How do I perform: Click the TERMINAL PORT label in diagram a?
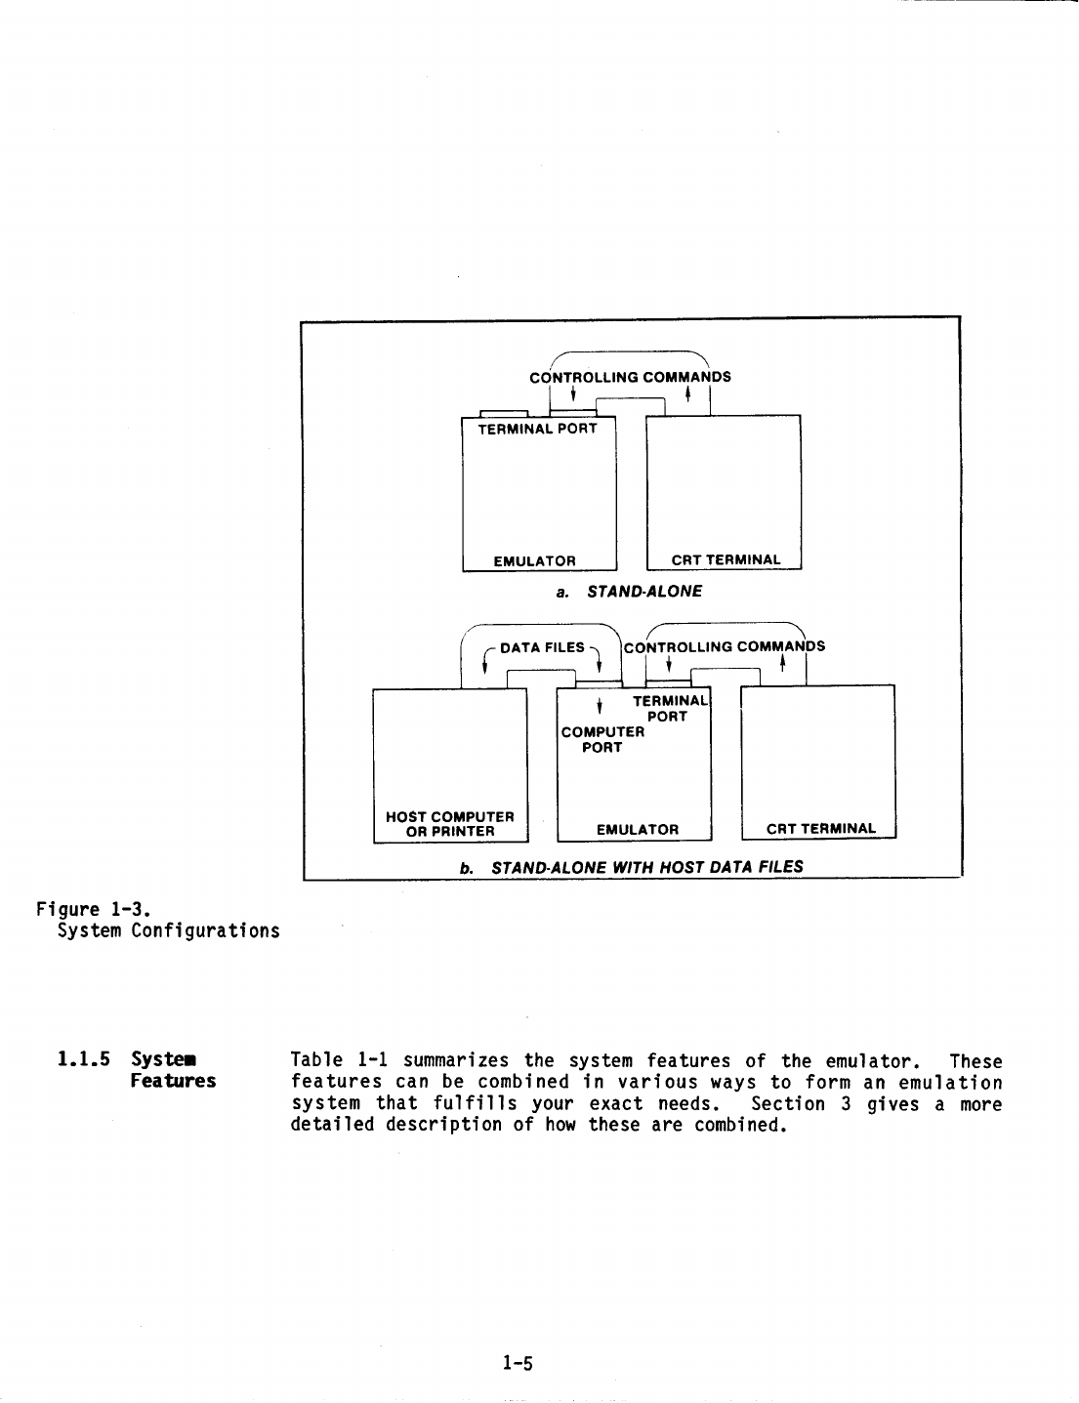click(x=536, y=429)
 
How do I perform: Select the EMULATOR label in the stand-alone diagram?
click(x=534, y=561)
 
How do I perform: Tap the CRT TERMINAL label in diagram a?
click(x=726, y=560)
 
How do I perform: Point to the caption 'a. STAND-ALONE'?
click(x=629, y=592)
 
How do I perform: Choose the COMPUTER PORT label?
click(x=602, y=739)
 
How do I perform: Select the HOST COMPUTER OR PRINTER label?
click(x=450, y=824)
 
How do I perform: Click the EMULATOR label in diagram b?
click(x=637, y=830)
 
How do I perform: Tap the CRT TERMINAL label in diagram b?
click(x=820, y=830)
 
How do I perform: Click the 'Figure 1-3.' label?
click(x=92, y=910)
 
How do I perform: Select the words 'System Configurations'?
click(x=168, y=930)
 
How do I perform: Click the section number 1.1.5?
click(x=84, y=1059)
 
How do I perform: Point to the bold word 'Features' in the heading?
click(x=173, y=1082)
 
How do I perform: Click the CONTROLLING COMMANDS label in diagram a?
click(x=630, y=377)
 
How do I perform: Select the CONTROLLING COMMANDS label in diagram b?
click(x=724, y=646)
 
